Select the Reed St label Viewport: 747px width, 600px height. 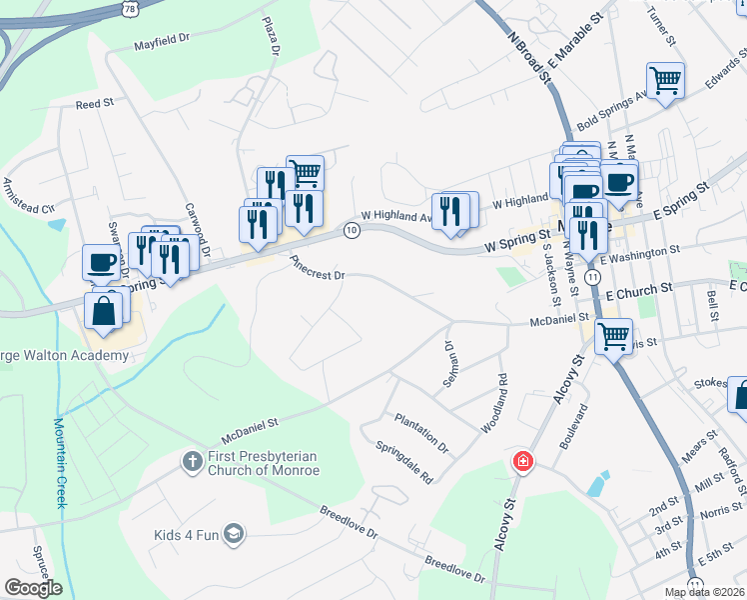pyautogui.click(x=95, y=103)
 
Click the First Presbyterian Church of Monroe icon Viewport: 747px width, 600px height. pyautogui.click(x=191, y=462)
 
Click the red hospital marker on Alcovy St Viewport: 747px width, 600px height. pyautogui.click(x=521, y=461)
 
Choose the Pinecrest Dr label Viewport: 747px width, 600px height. pyautogui.click(x=318, y=267)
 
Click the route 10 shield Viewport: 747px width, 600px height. pyautogui.click(x=352, y=231)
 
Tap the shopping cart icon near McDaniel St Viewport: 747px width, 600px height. pyautogui.click(x=613, y=335)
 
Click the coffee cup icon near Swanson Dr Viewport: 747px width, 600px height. pyautogui.click(x=100, y=262)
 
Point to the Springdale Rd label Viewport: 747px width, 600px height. pyautogui.click(x=403, y=462)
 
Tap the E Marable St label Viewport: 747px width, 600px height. pyautogui.click(x=576, y=44)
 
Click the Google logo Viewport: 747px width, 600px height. pyautogui.click(x=33, y=588)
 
